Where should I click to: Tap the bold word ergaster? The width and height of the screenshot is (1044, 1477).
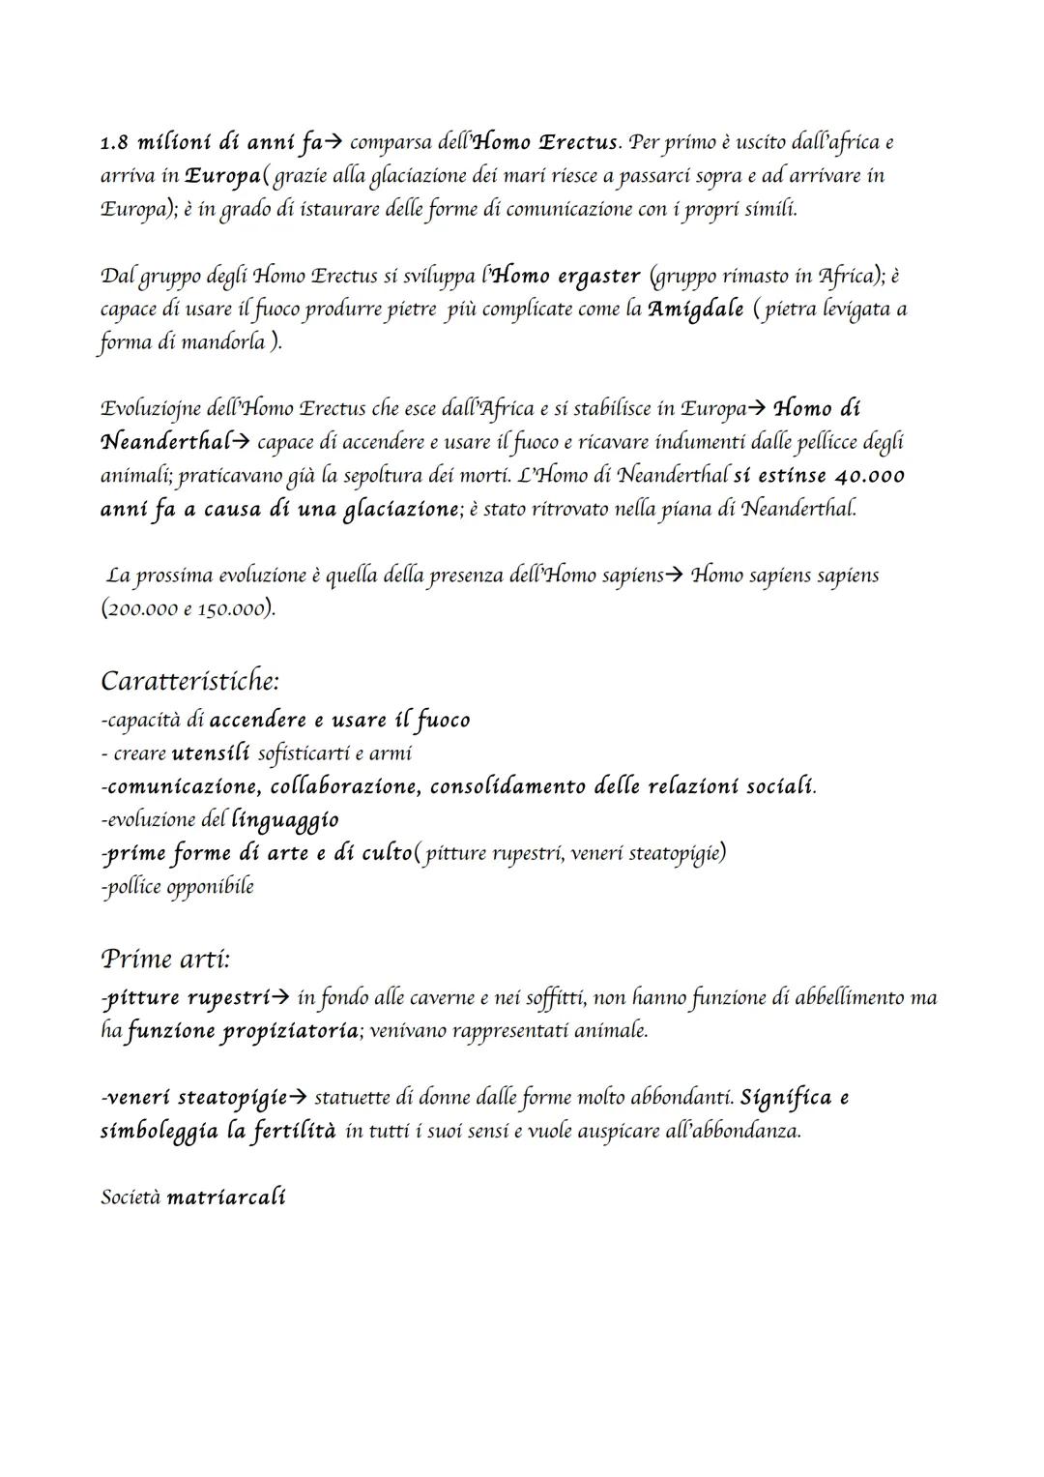(598, 277)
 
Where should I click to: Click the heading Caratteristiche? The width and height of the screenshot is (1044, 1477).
(189, 681)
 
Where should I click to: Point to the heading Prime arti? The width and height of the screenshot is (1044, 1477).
(165, 960)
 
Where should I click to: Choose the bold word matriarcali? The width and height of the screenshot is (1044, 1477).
(226, 1197)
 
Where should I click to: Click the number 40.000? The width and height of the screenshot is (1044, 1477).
(869, 476)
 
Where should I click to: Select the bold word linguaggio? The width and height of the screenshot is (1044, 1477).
(285, 820)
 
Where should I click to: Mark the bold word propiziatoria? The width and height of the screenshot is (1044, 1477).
(290, 1031)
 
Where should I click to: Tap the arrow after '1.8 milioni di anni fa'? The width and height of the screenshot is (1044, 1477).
(332, 144)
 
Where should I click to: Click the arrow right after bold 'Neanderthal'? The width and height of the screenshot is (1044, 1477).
(243, 443)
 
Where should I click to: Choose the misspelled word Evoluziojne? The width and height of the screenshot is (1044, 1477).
(149, 408)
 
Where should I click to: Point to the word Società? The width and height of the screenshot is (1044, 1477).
(130, 1197)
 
